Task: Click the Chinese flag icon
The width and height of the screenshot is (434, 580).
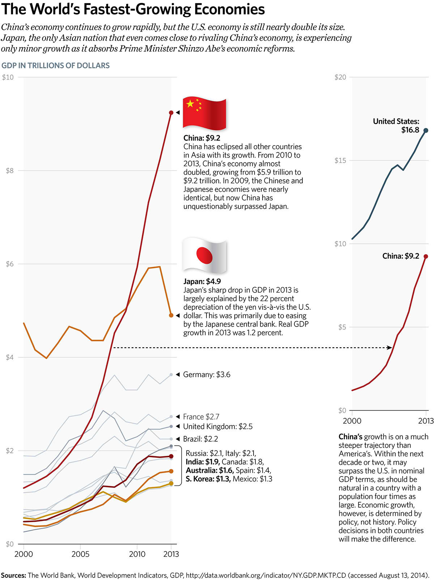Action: click(204, 113)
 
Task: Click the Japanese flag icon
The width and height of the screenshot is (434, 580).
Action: click(204, 256)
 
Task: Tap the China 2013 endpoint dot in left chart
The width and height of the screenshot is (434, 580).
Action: click(171, 113)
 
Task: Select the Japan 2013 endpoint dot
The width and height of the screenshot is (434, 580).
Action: click(171, 315)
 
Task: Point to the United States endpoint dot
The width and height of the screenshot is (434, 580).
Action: click(426, 130)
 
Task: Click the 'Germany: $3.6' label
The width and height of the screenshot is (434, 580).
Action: click(207, 375)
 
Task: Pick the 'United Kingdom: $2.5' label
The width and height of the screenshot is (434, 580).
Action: click(218, 426)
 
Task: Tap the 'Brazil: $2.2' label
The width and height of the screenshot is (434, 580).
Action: click(200, 439)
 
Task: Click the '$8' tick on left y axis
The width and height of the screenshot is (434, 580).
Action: click(9, 171)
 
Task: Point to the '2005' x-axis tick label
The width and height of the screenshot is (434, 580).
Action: click(80, 554)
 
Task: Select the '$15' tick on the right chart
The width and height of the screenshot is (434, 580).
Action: click(340, 160)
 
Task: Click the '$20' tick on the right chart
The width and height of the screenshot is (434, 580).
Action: click(340, 77)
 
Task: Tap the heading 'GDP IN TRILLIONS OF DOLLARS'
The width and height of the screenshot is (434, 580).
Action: click(55, 66)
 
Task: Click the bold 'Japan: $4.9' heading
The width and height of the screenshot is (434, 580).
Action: click(202, 281)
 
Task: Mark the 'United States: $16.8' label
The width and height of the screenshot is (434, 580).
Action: click(396, 126)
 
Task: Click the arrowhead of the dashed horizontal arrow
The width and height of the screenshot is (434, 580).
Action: click(390, 348)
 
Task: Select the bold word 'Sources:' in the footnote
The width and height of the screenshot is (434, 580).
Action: click(13, 575)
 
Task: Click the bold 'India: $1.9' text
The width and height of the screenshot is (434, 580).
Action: click(203, 462)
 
